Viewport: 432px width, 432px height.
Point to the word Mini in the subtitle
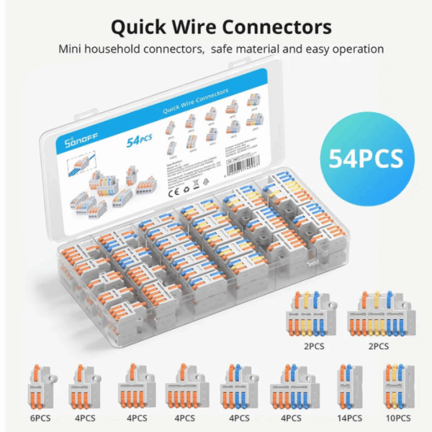71,50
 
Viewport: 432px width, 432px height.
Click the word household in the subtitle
121,50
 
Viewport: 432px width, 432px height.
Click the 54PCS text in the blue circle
366,158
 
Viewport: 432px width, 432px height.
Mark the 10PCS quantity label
397,418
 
